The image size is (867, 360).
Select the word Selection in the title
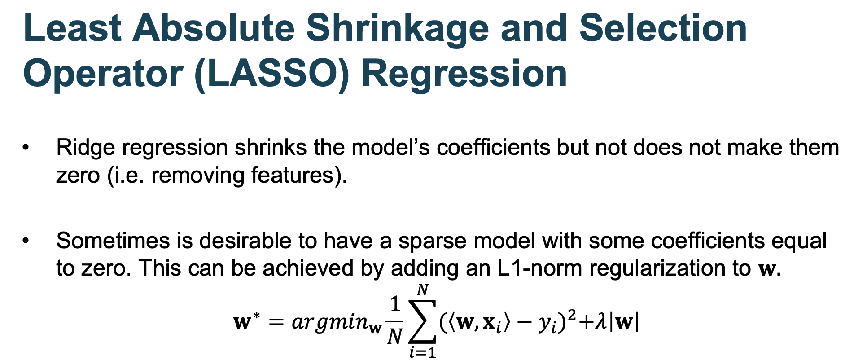(x=663, y=28)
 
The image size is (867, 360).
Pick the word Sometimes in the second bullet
(x=113, y=241)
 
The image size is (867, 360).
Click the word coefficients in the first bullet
(x=493, y=148)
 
